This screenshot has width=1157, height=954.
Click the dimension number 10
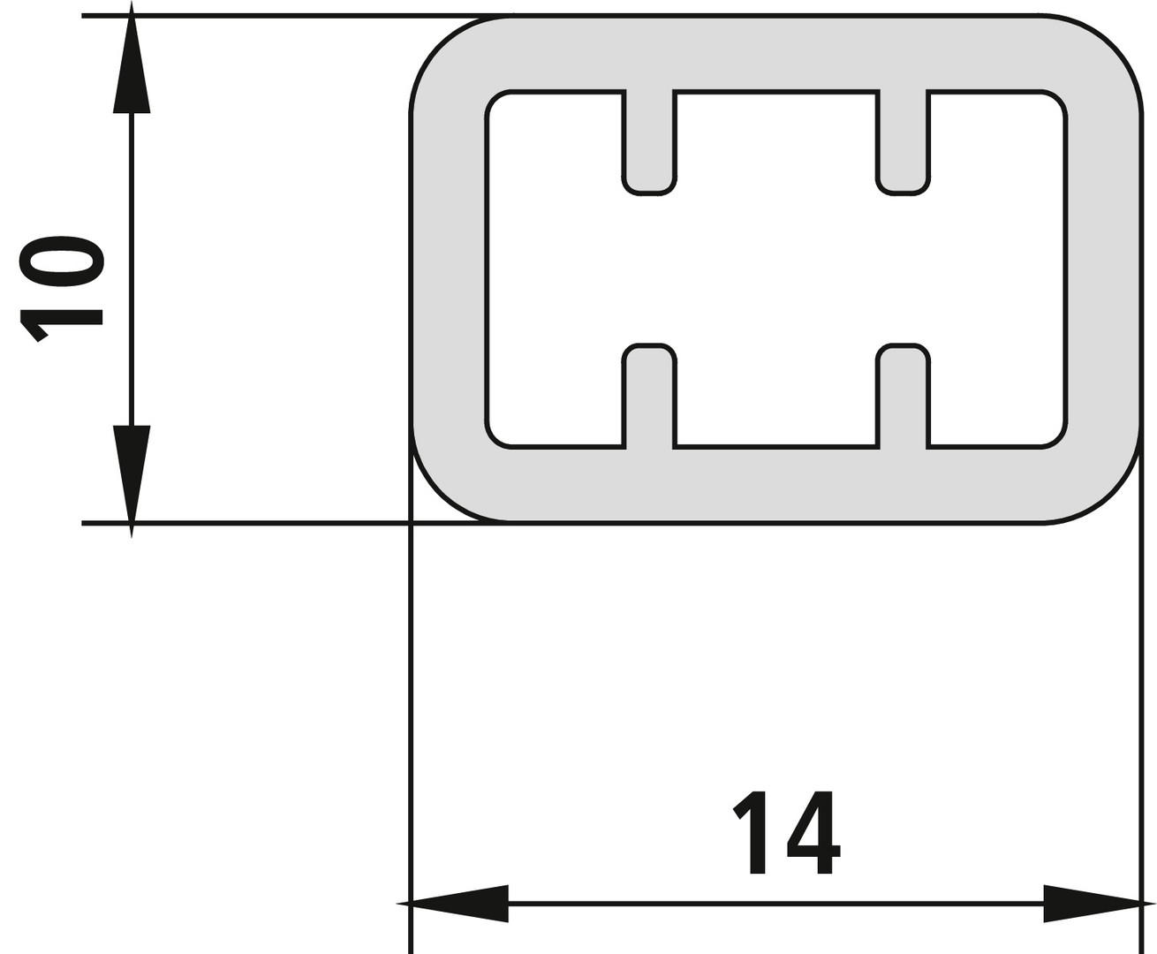pyautogui.click(x=61, y=290)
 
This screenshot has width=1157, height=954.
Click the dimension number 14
pyautogui.click(x=786, y=832)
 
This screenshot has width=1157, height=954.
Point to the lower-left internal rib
pyautogui.click(x=649, y=396)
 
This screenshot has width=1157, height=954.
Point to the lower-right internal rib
pyautogui.click(x=903, y=396)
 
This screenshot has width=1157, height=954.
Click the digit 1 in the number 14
pyautogui.click(x=751, y=833)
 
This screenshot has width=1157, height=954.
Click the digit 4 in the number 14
pyautogui.click(x=813, y=833)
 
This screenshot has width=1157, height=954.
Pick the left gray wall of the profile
pyautogui.click(x=448, y=269)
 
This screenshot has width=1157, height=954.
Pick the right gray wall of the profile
pyautogui.click(x=1104, y=269)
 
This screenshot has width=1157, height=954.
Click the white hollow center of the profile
pyautogui.click(x=775, y=269)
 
